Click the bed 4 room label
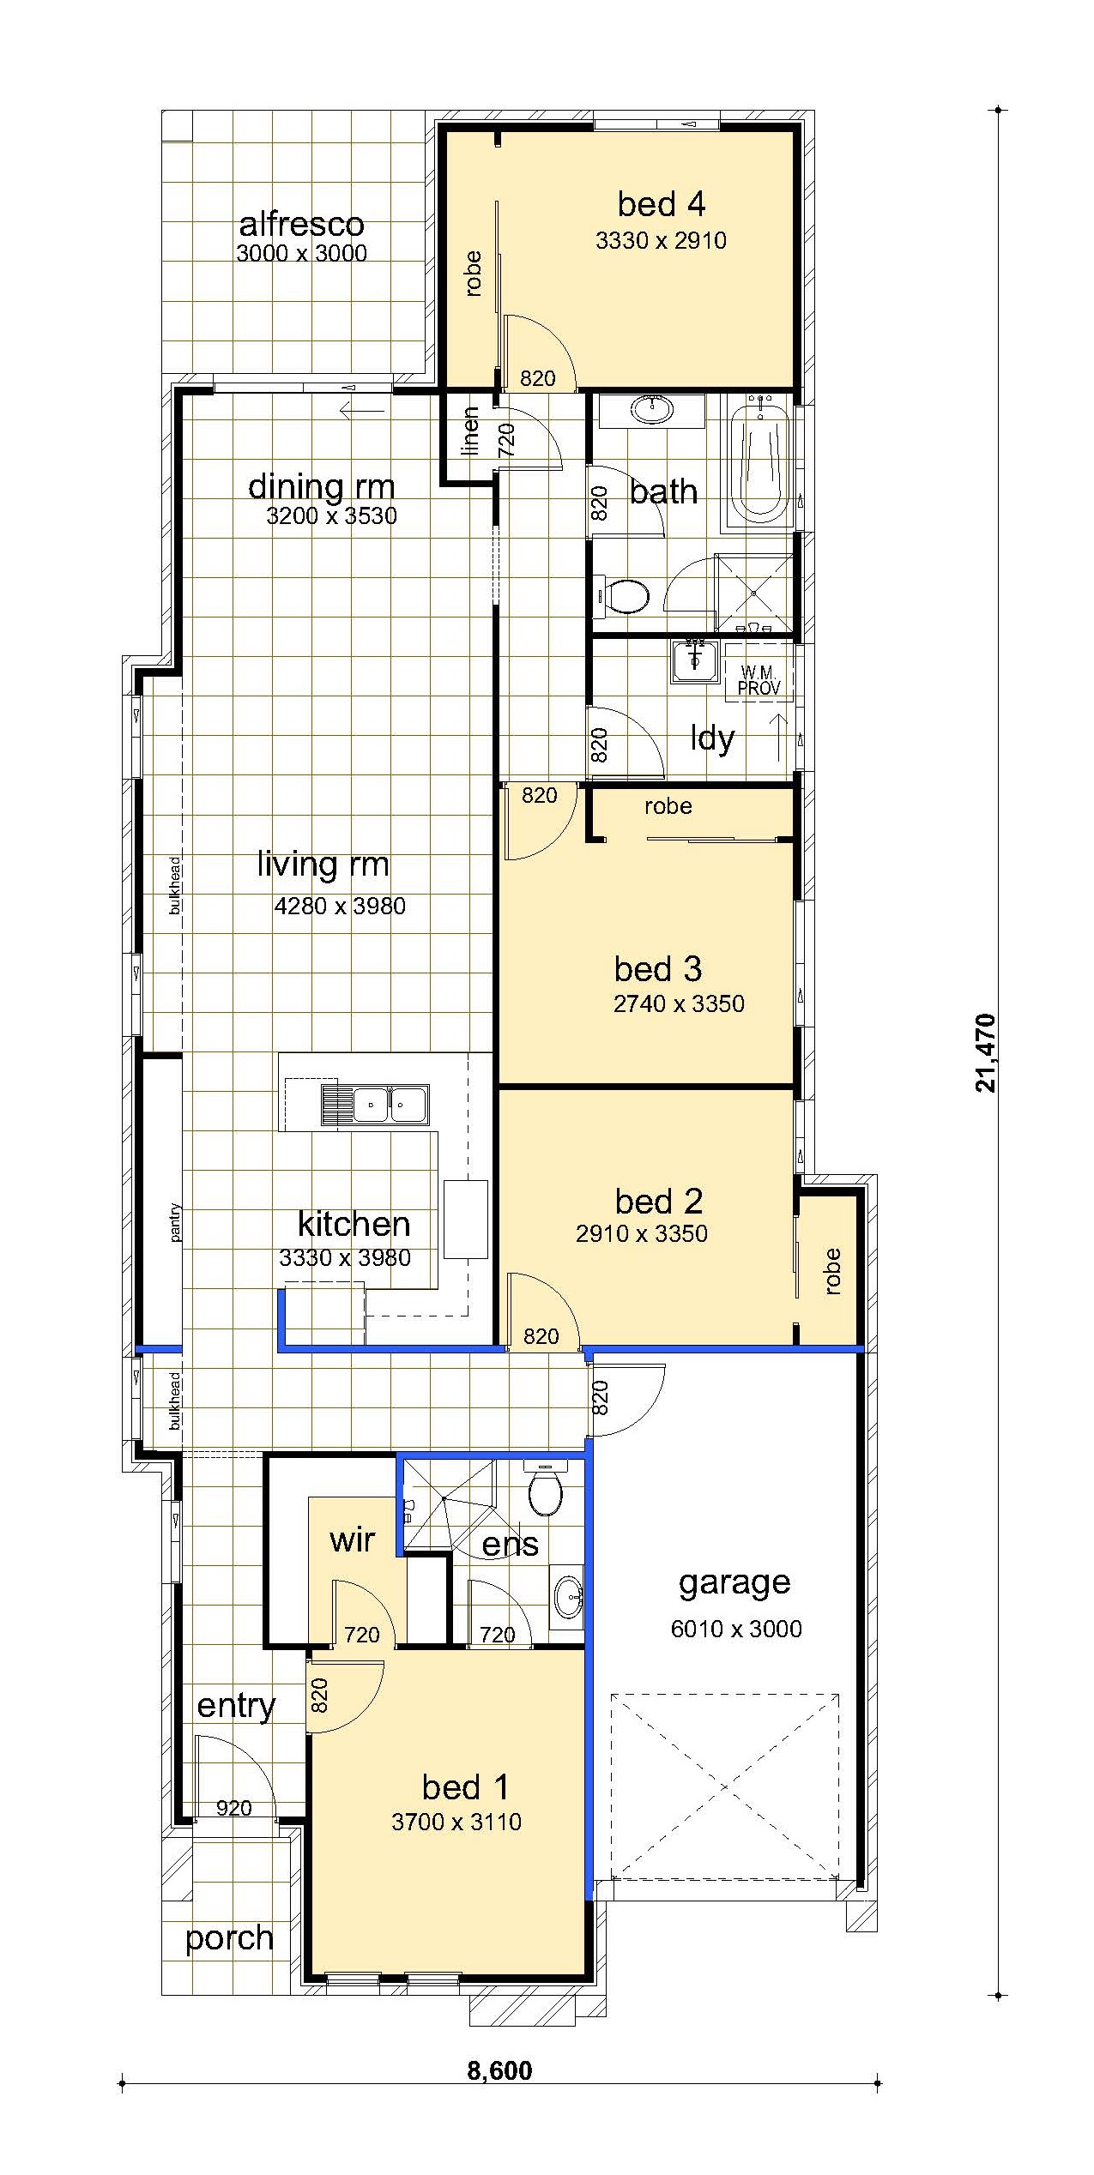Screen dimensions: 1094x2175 click(662, 204)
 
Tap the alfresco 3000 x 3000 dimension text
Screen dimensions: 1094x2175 click(301, 253)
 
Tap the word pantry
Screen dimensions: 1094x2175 click(175, 1223)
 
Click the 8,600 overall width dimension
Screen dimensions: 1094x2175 click(499, 2070)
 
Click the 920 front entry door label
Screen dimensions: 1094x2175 click(233, 1809)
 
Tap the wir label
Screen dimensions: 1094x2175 click(353, 1540)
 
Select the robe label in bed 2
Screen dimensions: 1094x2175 click(831, 1271)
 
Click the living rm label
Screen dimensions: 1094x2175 click(323, 865)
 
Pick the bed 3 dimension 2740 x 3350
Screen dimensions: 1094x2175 click(679, 1003)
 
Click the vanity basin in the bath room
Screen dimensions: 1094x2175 click(653, 410)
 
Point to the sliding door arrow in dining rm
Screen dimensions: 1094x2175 click(361, 410)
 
